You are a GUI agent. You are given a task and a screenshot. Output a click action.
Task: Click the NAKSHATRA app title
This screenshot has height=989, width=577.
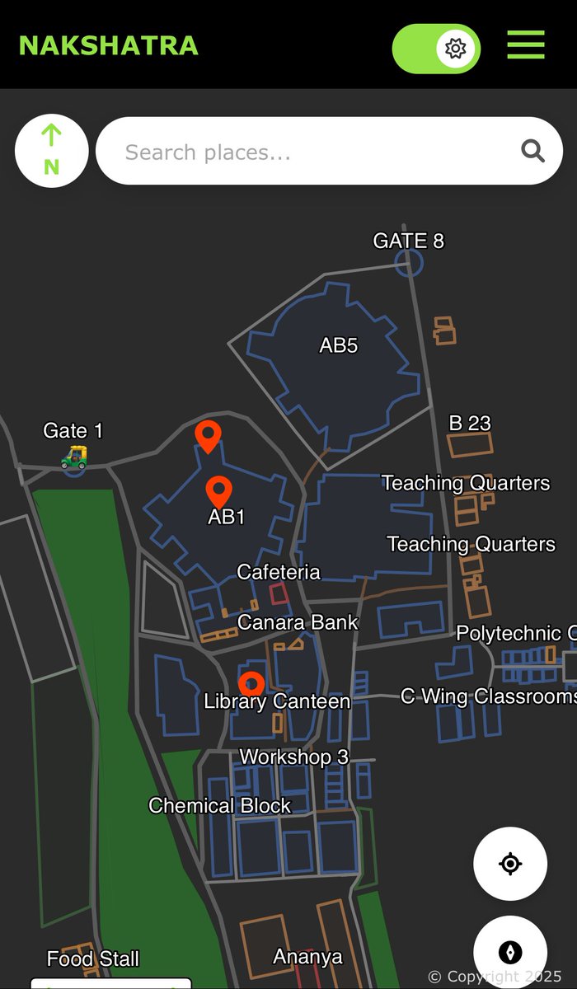(x=108, y=45)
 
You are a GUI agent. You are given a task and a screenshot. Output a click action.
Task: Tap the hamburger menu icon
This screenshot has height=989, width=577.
(x=525, y=45)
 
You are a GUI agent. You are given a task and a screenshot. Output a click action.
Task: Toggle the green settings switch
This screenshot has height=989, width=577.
(x=436, y=49)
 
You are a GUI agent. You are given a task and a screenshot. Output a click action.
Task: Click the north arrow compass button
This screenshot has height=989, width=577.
(x=51, y=151)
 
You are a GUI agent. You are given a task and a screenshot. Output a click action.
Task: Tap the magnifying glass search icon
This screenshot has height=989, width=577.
(x=532, y=151)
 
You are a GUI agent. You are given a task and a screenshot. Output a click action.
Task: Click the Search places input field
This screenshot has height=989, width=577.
(x=305, y=152)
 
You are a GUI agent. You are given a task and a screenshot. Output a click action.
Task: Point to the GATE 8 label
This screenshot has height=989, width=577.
(x=408, y=241)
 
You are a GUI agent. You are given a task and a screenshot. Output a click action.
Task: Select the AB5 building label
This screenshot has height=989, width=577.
(x=338, y=345)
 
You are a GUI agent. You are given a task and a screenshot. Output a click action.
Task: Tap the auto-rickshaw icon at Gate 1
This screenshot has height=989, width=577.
(x=74, y=456)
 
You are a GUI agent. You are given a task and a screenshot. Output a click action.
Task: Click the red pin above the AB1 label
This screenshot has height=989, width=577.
(x=218, y=491)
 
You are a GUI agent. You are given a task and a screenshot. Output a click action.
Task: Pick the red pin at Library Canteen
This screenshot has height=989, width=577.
(x=251, y=683)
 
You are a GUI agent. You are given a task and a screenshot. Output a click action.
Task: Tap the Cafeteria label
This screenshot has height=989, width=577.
(x=279, y=572)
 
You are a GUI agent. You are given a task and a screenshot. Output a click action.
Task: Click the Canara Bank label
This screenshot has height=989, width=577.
(x=298, y=622)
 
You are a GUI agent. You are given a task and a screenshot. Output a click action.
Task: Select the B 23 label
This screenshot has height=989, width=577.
(x=469, y=424)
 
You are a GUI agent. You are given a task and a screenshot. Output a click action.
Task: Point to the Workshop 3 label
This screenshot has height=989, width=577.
(x=293, y=757)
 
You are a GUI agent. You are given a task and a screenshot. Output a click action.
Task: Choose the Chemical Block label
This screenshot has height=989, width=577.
(x=219, y=805)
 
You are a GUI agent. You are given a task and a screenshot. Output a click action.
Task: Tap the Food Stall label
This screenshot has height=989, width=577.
(x=93, y=959)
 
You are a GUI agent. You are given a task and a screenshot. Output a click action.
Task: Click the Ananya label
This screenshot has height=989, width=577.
(x=307, y=957)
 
